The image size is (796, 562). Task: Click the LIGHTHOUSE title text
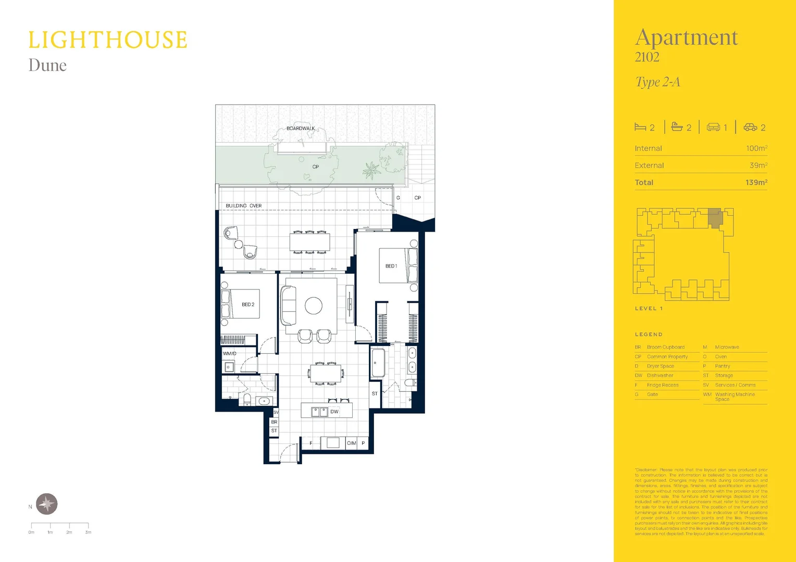click(x=107, y=41)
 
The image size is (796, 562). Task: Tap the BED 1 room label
click(x=391, y=266)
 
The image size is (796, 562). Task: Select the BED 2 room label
click(x=248, y=304)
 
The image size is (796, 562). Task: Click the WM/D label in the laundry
click(x=230, y=353)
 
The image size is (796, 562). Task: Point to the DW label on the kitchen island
click(x=334, y=412)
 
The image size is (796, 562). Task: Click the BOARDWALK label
click(x=301, y=129)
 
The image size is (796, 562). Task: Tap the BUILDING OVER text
click(x=244, y=206)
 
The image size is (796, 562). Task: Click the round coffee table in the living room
click(x=314, y=305)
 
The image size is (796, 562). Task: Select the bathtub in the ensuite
click(x=378, y=362)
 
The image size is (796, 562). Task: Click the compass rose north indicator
click(x=47, y=504)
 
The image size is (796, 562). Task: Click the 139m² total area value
click(x=756, y=183)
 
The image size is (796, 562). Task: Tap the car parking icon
click(x=750, y=127)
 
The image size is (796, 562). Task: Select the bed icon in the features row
click(x=640, y=127)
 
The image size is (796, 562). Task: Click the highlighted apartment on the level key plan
click(x=715, y=218)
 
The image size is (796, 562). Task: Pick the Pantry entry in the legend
click(x=723, y=366)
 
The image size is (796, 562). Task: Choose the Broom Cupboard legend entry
click(x=665, y=347)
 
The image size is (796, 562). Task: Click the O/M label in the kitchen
click(x=352, y=443)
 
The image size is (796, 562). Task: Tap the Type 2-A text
click(x=657, y=82)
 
